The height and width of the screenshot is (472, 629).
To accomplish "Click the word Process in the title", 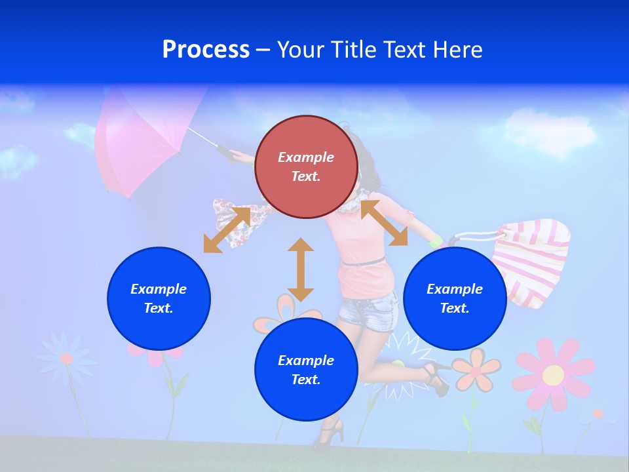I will click(206, 50).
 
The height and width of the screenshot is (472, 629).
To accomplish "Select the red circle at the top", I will click(306, 167).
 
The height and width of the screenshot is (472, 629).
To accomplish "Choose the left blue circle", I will click(159, 298).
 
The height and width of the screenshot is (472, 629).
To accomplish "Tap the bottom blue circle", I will click(306, 369).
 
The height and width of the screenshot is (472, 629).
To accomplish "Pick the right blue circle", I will click(455, 298).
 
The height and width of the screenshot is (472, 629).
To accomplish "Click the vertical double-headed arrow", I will click(301, 269).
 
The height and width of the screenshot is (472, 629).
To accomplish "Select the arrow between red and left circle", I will click(227, 229).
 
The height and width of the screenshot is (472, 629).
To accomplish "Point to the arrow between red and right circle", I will click(384, 223).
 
